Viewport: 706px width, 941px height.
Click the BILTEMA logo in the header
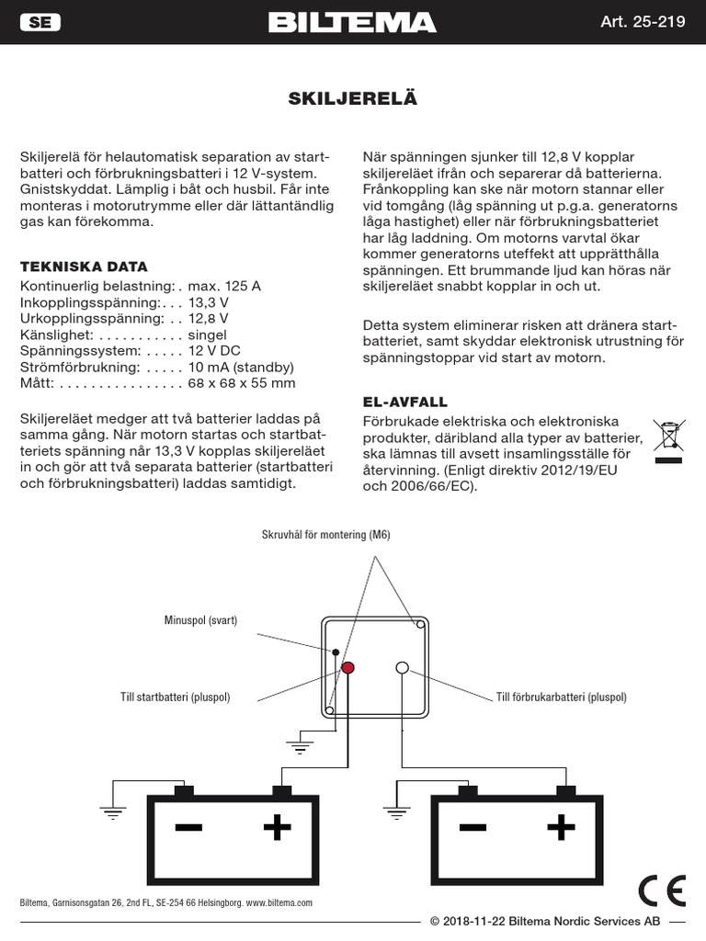click(x=352, y=23)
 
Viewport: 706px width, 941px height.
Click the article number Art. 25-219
click(x=643, y=23)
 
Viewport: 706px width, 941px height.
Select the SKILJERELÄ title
click(x=353, y=99)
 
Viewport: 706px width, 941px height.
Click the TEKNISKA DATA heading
click(x=84, y=266)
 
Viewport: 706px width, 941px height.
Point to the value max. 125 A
click(x=224, y=286)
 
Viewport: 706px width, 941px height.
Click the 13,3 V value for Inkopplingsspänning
click(x=209, y=302)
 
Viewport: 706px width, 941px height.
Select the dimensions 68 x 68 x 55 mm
click(x=242, y=383)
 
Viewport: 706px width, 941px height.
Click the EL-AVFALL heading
click(x=405, y=402)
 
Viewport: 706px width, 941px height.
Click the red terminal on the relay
click(x=348, y=668)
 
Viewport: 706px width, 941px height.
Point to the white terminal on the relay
click(x=402, y=668)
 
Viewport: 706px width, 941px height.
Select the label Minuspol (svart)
click(x=200, y=620)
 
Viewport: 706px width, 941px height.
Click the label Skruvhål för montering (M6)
click(x=326, y=535)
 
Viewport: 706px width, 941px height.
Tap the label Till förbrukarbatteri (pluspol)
click(x=561, y=697)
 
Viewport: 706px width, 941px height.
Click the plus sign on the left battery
click(x=277, y=828)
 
